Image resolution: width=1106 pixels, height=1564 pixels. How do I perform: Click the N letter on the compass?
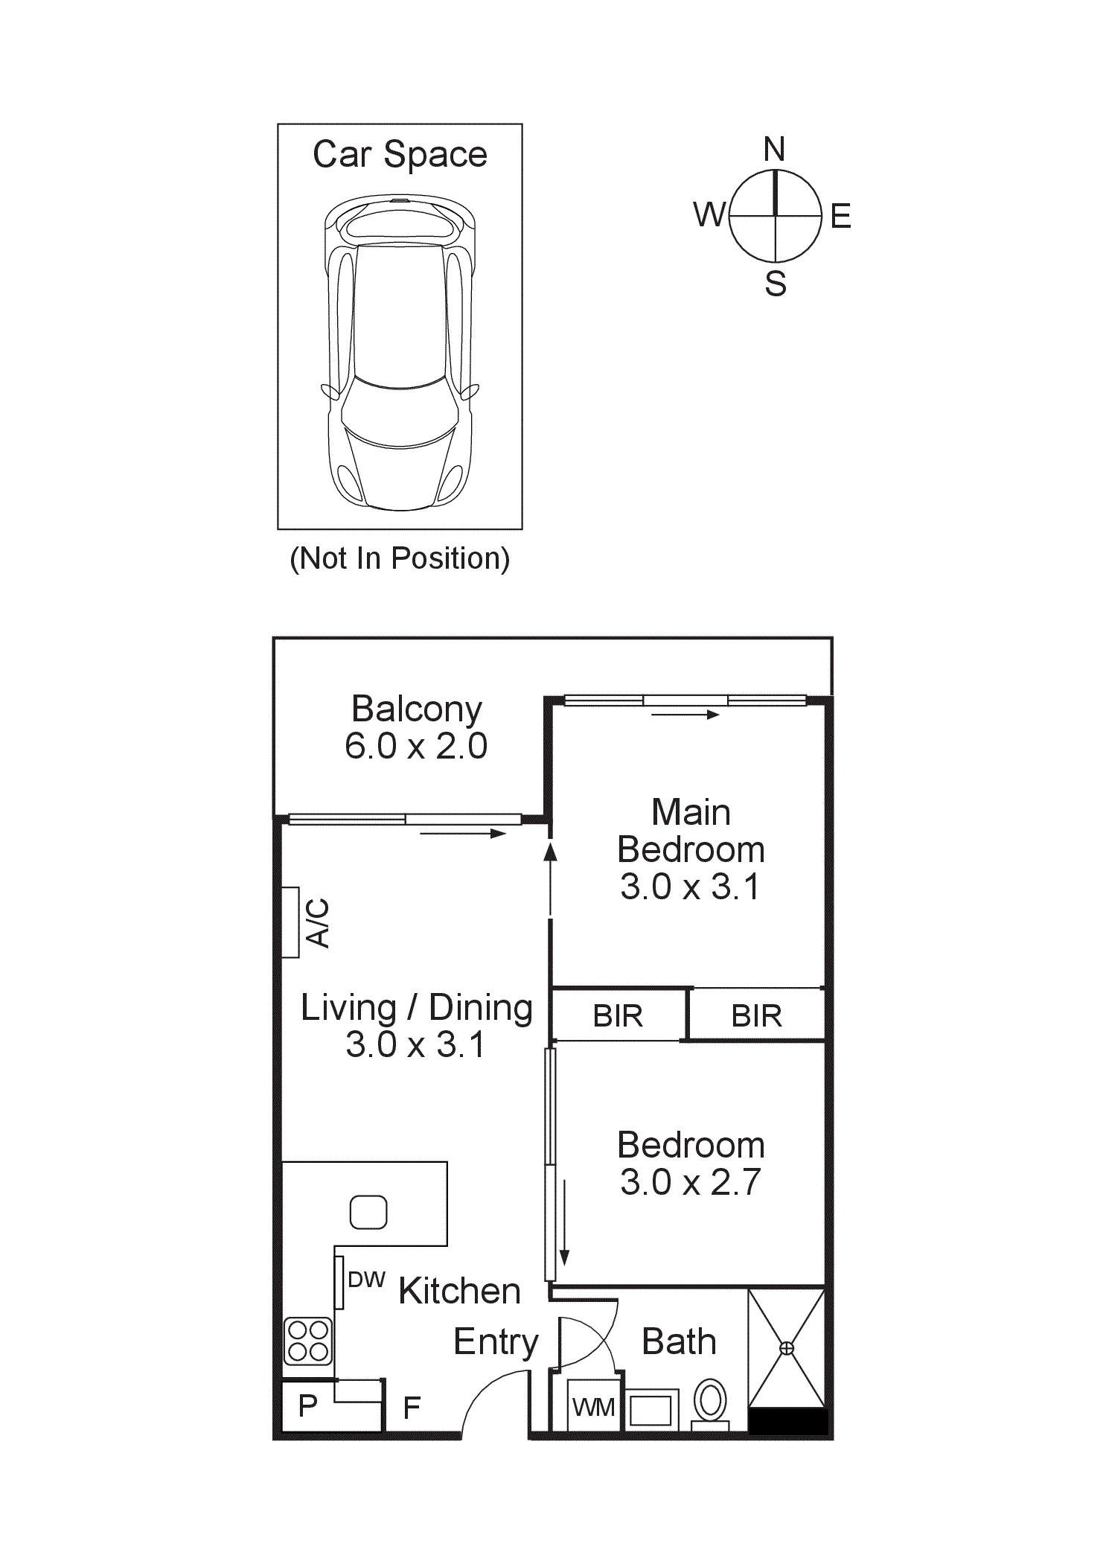[774, 150]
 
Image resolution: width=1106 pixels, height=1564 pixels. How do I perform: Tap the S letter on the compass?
[776, 284]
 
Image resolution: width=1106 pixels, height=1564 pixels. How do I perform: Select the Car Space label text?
[400, 155]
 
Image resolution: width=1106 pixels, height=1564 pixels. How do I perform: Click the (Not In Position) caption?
[400, 558]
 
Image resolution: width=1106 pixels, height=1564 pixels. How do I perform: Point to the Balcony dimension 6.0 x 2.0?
[415, 746]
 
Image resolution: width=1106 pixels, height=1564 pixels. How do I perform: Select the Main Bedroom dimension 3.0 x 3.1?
[690, 887]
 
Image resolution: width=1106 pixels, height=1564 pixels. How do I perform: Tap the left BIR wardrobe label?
[618, 1016]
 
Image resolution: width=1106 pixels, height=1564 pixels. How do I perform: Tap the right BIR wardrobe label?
[756, 1016]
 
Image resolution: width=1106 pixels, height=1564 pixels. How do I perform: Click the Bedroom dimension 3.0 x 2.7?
[690, 1182]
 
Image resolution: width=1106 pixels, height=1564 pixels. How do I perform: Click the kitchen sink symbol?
[368, 1212]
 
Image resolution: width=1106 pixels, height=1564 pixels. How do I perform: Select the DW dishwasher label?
[366, 1280]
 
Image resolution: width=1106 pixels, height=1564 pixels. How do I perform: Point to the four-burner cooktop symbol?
[308, 1341]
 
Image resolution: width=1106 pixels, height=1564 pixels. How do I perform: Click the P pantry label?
[308, 1405]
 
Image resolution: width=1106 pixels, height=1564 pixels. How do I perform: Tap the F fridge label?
[412, 1408]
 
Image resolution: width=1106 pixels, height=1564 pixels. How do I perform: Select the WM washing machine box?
[593, 1406]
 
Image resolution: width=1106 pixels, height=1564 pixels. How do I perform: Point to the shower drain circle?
[787, 1348]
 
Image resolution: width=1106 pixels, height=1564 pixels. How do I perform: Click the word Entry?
[496, 1342]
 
